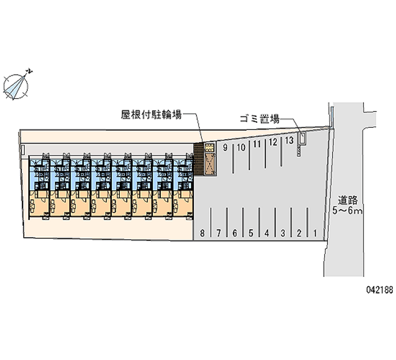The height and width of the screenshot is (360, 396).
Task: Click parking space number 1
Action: (315, 232)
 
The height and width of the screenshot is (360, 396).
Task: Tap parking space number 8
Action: (202, 232)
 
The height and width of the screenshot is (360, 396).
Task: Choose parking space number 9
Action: (225, 148)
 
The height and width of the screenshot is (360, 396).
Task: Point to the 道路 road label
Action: (348, 201)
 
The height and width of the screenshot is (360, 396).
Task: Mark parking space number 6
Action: (235, 232)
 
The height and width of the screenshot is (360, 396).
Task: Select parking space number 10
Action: (241, 147)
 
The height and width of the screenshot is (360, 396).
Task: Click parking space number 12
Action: (273, 143)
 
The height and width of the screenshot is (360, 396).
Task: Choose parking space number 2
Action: (299, 232)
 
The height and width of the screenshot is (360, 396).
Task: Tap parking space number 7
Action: (219, 232)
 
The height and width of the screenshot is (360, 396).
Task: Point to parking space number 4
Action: (267, 232)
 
